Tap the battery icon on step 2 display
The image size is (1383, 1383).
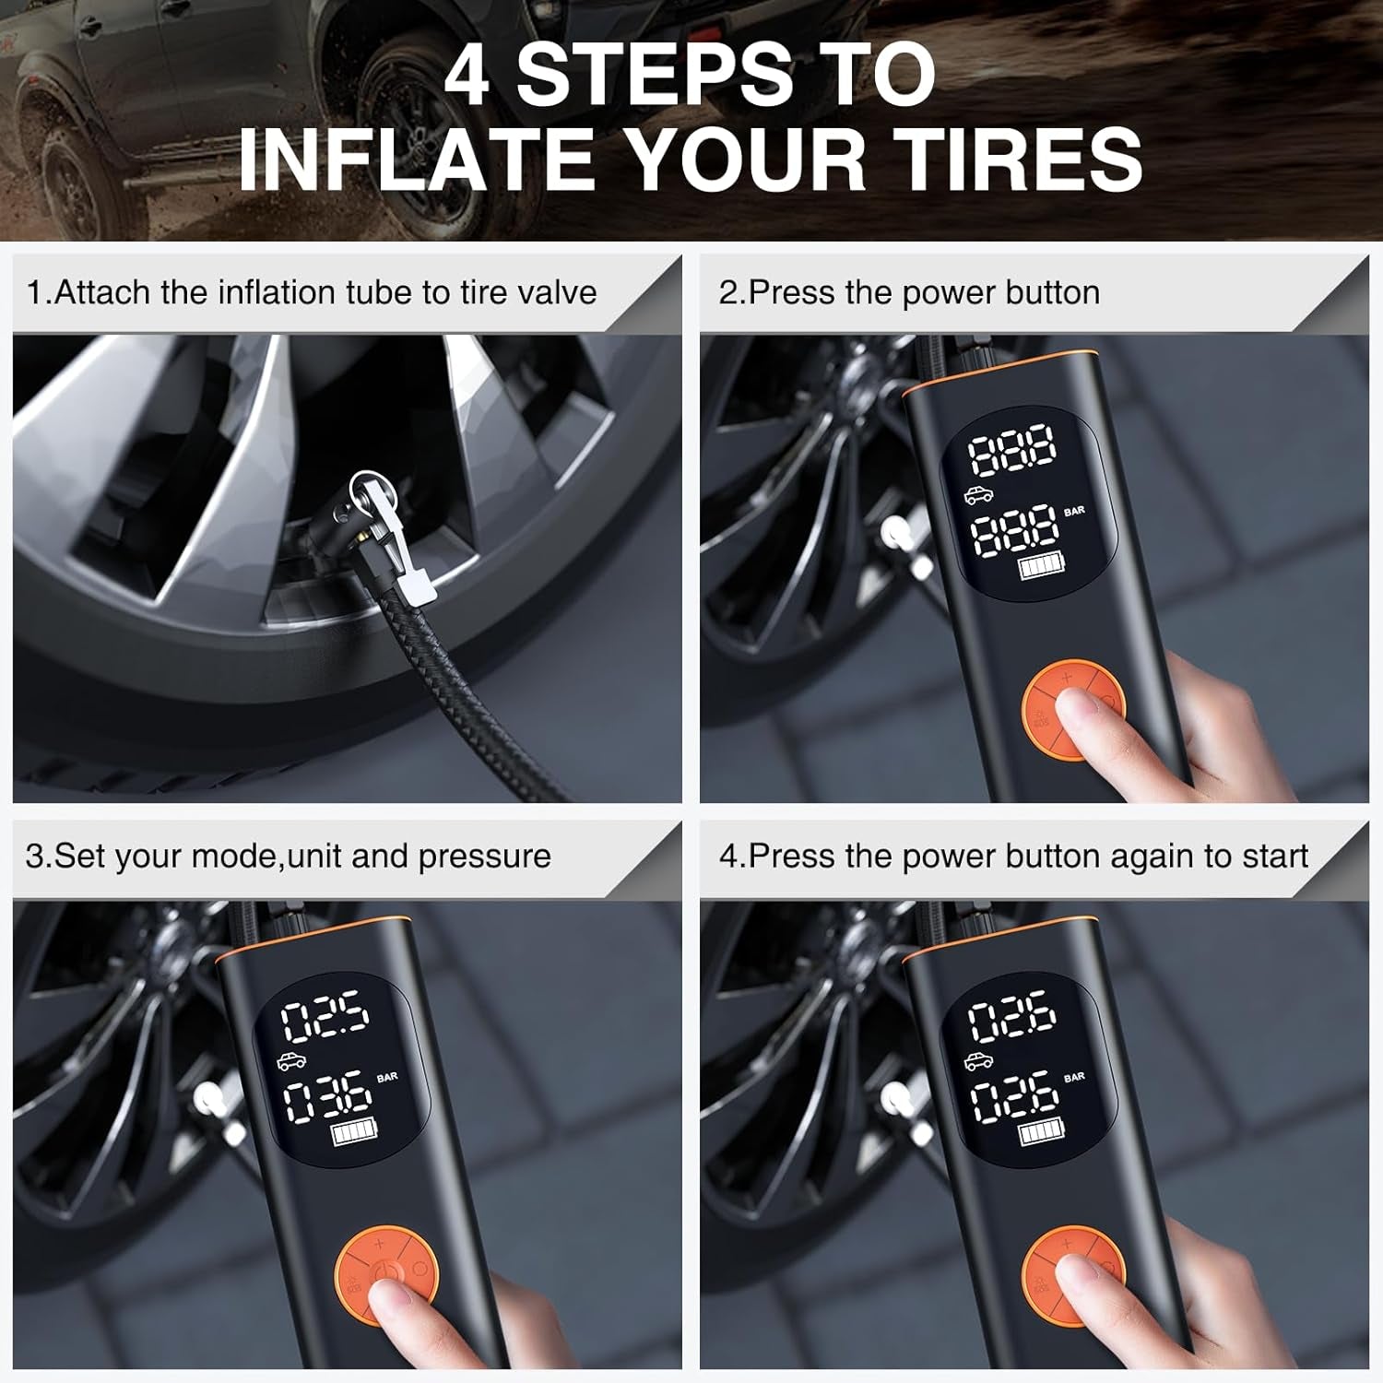pos(1040,569)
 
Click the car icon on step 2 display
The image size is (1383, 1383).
pos(980,496)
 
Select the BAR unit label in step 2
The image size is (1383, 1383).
pos(1074,511)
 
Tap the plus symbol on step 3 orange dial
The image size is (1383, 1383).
pos(379,1246)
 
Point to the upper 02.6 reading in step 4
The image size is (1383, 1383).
pos(1011,1018)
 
